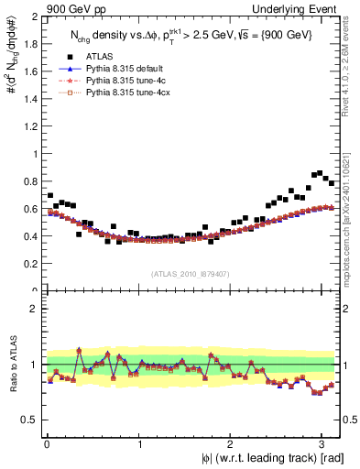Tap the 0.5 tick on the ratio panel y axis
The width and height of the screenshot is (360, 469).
click(x=29, y=420)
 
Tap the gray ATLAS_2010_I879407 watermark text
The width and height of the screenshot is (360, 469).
click(x=191, y=272)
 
